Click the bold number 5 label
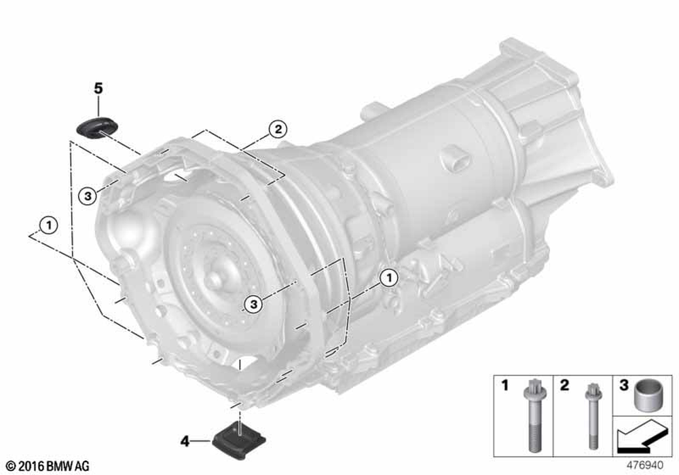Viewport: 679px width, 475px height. point(98,89)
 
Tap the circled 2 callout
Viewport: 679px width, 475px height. point(278,129)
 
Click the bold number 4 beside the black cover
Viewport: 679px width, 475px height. point(185,442)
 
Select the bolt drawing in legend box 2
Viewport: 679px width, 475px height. point(592,415)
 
